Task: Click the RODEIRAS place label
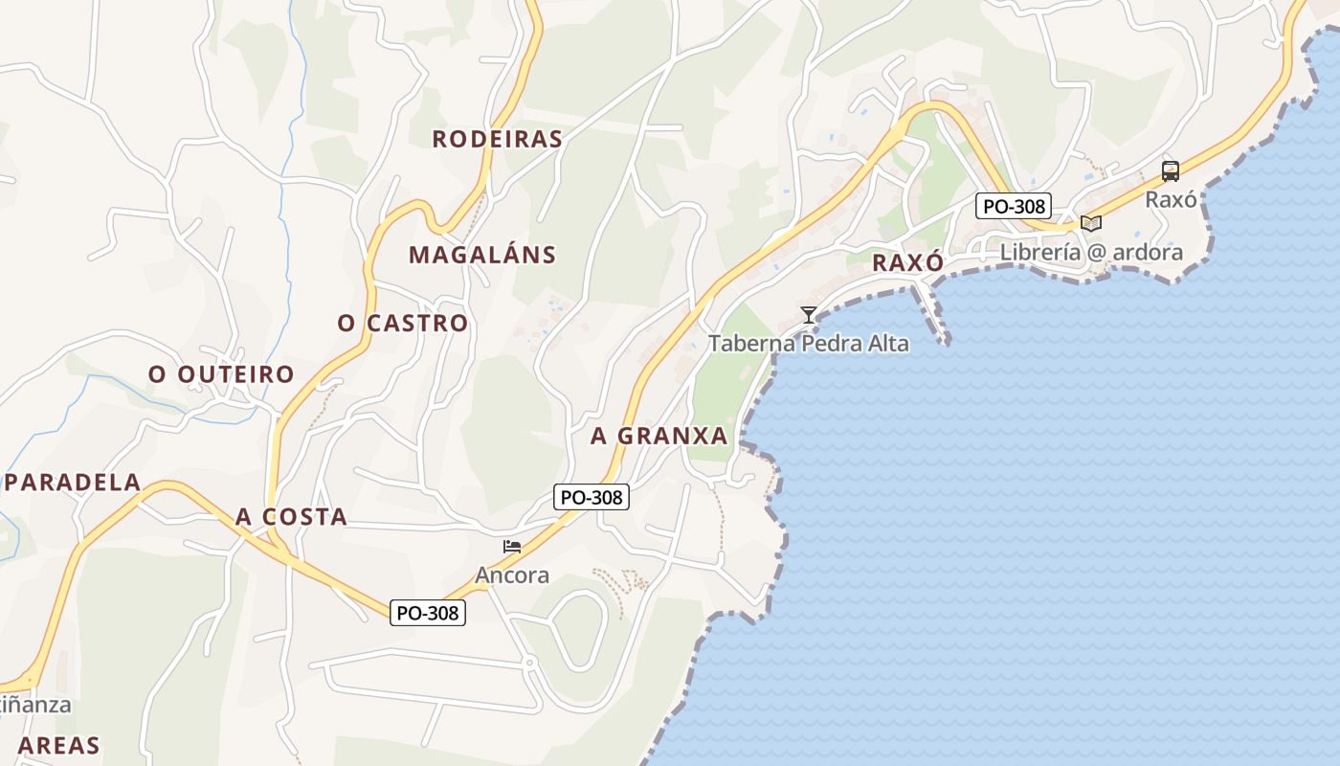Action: tap(497, 139)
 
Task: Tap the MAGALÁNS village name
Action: tap(482, 255)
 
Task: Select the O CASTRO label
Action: tap(403, 324)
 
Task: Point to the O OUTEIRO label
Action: tap(221, 374)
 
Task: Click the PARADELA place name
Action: tap(74, 482)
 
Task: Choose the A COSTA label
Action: tap(291, 517)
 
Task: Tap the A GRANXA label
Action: tap(659, 436)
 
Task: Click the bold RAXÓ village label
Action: tap(908, 262)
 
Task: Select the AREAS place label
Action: tap(58, 745)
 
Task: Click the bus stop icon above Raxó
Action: tap(1171, 171)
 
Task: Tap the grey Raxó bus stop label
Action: tap(1171, 199)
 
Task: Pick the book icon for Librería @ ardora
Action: tap(1091, 223)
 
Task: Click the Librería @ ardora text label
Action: tap(1091, 253)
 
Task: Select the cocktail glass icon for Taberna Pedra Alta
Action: tap(809, 314)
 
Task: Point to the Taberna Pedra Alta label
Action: tap(809, 344)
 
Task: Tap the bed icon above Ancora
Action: tap(512, 547)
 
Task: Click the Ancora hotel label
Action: tap(512, 575)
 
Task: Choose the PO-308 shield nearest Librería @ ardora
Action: tap(1014, 205)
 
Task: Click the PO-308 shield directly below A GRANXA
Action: tap(592, 497)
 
